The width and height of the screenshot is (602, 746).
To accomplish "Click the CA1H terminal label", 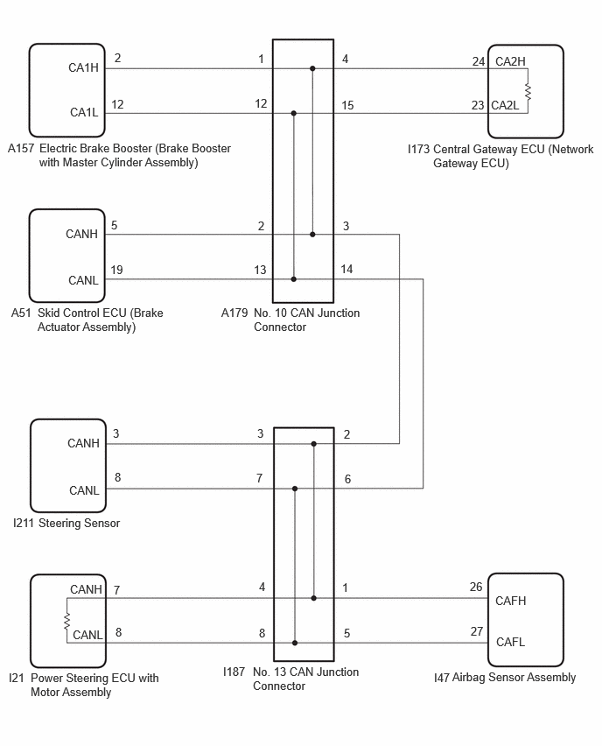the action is click(83, 67).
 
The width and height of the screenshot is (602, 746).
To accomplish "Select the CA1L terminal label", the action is click(84, 112).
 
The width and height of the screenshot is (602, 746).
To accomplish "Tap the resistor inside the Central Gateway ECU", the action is click(528, 91).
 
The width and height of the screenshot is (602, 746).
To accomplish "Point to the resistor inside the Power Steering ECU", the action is click(67, 621).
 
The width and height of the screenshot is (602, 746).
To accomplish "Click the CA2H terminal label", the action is click(510, 61).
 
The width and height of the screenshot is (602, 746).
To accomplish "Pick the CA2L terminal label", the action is click(505, 105).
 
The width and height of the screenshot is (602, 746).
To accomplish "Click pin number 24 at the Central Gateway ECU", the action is click(479, 61).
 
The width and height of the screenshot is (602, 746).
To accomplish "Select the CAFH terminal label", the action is click(511, 601).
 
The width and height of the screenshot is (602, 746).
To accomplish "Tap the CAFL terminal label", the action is click(510, 642).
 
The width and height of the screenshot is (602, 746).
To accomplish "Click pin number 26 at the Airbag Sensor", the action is click(476, 587).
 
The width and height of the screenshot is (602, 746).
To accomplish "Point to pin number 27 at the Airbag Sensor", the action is click(477, 631).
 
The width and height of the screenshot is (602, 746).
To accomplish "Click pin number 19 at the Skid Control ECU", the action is click(116, 271).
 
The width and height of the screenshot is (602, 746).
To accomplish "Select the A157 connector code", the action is click(21, 149).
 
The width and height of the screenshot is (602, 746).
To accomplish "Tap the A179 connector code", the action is click(234, 313).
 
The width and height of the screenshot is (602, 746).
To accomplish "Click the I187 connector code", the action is click(234, 672).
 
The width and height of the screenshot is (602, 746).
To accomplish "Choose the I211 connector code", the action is click(24, 524).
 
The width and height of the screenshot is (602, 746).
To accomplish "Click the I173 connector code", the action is click(418, 150).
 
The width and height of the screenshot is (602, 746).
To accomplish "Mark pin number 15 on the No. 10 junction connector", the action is click(347, 105).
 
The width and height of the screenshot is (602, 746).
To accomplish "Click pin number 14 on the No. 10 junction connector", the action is click(346, 270).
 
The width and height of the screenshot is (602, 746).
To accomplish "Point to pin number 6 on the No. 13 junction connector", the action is click(347, 479).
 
